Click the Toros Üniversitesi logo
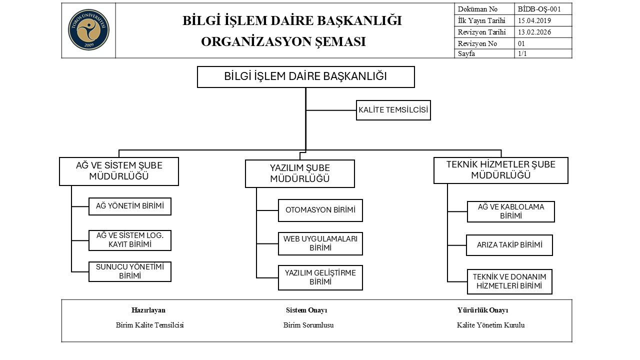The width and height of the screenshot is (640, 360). coord(88,30)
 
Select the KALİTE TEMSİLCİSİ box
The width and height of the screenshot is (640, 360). coord(393,110)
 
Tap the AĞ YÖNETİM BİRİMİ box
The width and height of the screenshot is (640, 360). coord(130,206)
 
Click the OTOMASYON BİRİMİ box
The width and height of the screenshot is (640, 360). coord(320,210)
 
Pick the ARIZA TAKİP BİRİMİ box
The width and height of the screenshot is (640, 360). coord(509,245)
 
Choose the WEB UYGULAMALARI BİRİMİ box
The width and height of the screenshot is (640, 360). coord(320,243)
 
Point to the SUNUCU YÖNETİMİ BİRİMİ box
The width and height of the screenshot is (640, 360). coord(130,271)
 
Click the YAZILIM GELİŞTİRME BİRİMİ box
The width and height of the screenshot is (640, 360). coord(320,277)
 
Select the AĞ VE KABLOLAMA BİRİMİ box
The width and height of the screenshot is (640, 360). coord(510,211)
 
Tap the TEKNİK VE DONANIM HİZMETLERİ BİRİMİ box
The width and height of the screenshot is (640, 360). coord(509,281)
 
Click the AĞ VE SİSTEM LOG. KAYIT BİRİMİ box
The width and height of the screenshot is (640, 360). coord(130,240)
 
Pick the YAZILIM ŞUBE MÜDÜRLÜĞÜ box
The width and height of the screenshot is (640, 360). coord(300,173)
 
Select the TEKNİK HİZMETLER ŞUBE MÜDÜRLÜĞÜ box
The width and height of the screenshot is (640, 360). coord(500,170)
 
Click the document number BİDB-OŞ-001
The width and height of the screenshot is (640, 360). coord(539,9)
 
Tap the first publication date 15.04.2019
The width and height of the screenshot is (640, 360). coord(534,20)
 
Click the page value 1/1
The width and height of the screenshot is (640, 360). coord(522,54)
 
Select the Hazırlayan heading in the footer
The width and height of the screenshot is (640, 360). coord(148,310)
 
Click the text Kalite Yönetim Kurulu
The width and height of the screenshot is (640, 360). coord(490,325)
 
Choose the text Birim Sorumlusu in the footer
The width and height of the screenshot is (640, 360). coord(308,325)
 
